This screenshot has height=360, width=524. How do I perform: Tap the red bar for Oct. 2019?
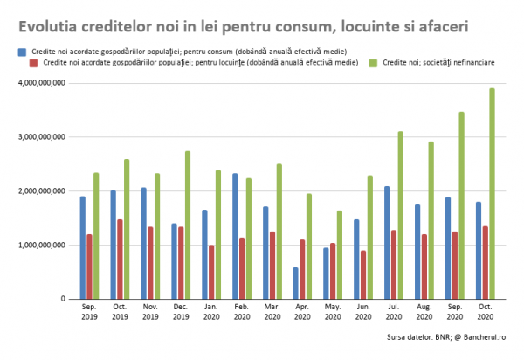point(120,259)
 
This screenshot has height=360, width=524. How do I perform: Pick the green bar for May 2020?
point(340,254)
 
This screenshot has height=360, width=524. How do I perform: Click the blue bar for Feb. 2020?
point(235,236)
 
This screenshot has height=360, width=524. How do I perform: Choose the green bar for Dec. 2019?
point(187,225)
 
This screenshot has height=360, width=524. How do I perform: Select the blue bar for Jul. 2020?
point(387,242)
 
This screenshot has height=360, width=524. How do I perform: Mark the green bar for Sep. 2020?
point(462,205)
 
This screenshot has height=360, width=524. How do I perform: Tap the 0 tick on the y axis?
point(62,299)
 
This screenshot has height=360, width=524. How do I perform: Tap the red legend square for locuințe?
point(33,63)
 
